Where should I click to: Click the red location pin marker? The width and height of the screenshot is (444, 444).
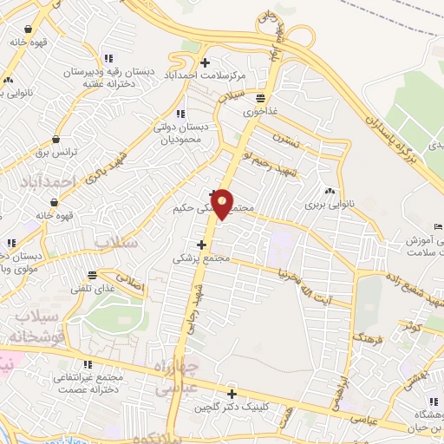pos(223,204)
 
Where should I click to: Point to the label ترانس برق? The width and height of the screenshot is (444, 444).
pos(55,152)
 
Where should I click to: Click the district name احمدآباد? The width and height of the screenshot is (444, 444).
pos(52,181)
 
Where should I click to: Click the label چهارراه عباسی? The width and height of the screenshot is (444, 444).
pos(174,377)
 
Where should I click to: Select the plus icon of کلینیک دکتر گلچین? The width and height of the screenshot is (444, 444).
pos(232,394)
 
